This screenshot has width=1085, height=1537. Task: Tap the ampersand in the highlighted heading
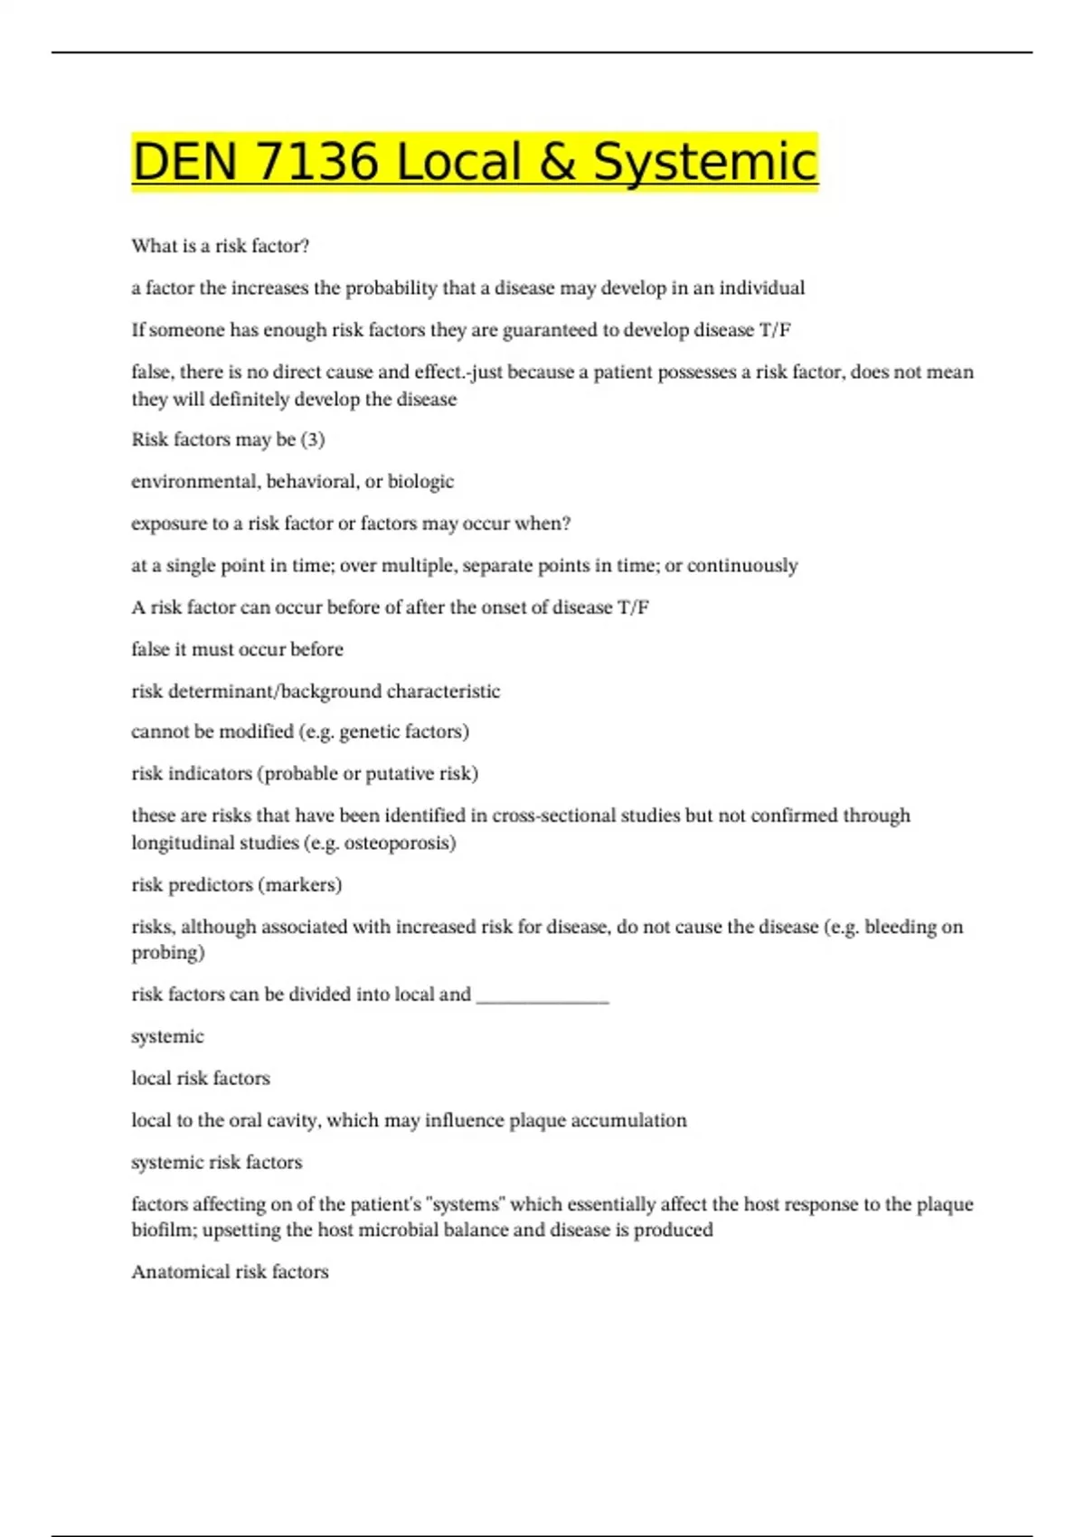(552, 163)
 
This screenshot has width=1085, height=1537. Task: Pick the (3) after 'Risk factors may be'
(313, 439)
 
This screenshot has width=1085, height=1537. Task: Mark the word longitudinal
(177, 843)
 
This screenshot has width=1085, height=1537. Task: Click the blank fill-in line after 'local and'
(542, 996)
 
